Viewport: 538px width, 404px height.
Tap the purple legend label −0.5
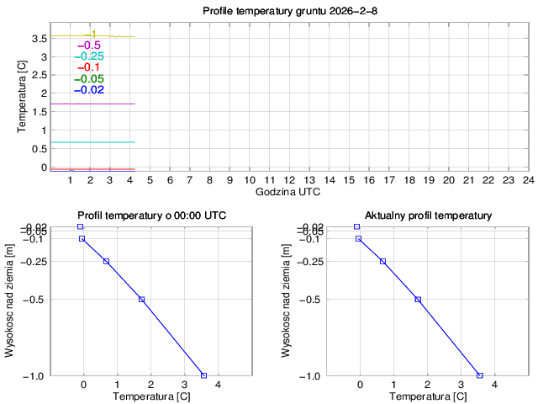click(89, 45)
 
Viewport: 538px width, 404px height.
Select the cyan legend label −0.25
click(89, 56)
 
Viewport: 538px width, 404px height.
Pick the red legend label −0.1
click(89, 67)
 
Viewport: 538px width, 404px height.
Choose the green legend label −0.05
click(89, 79)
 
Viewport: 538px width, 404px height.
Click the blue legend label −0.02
click(89, 90)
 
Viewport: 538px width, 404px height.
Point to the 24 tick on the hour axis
click(528, 180)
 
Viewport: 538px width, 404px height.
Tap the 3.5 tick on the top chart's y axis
click(37, 39)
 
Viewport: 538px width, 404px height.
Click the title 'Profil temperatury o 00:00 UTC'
click(151, 216)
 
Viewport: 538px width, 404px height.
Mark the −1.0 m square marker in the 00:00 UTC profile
click(203, 375)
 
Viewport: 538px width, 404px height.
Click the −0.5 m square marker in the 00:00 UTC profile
click(141, 300)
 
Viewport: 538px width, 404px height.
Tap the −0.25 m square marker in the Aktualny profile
click(382, 262)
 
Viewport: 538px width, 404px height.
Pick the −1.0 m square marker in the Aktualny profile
click(480, 375)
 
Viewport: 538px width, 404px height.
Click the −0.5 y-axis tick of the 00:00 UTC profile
click(36, 300)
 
